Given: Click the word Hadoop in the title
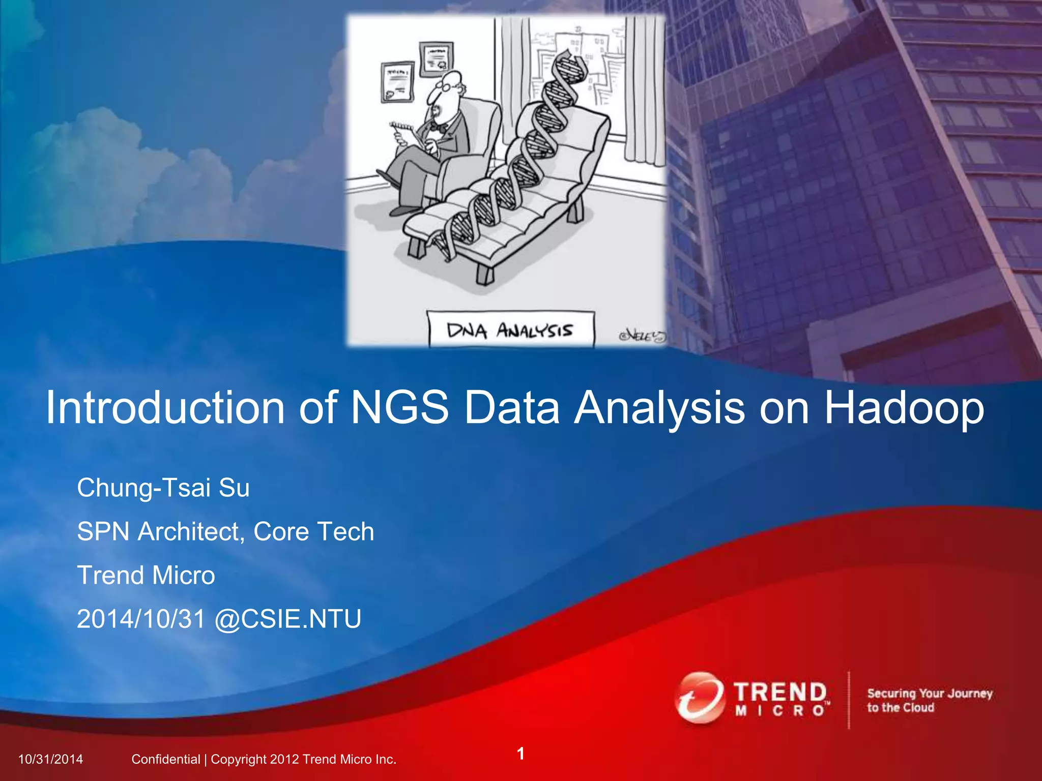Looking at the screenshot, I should (x=904, y=408).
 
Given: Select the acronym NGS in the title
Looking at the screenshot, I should (x=400, y=408).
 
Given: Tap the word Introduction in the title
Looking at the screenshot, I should (x=165, y=408).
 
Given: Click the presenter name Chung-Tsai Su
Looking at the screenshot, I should (x=163, y=488).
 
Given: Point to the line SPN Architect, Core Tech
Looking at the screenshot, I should (x=225, y=532).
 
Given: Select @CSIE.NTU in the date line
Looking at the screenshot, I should (x=288, y=619).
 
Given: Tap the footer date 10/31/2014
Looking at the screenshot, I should (x=50, y=759).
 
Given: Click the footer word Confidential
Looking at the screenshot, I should (x=165, y=759).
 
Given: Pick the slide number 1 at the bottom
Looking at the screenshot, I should (x=520, y=753).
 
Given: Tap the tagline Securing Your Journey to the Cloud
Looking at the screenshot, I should (x=929, y=700).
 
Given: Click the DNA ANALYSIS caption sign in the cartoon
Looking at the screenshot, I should (x=511, y=331).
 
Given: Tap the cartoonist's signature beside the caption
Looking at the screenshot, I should (x=641, y=336).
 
